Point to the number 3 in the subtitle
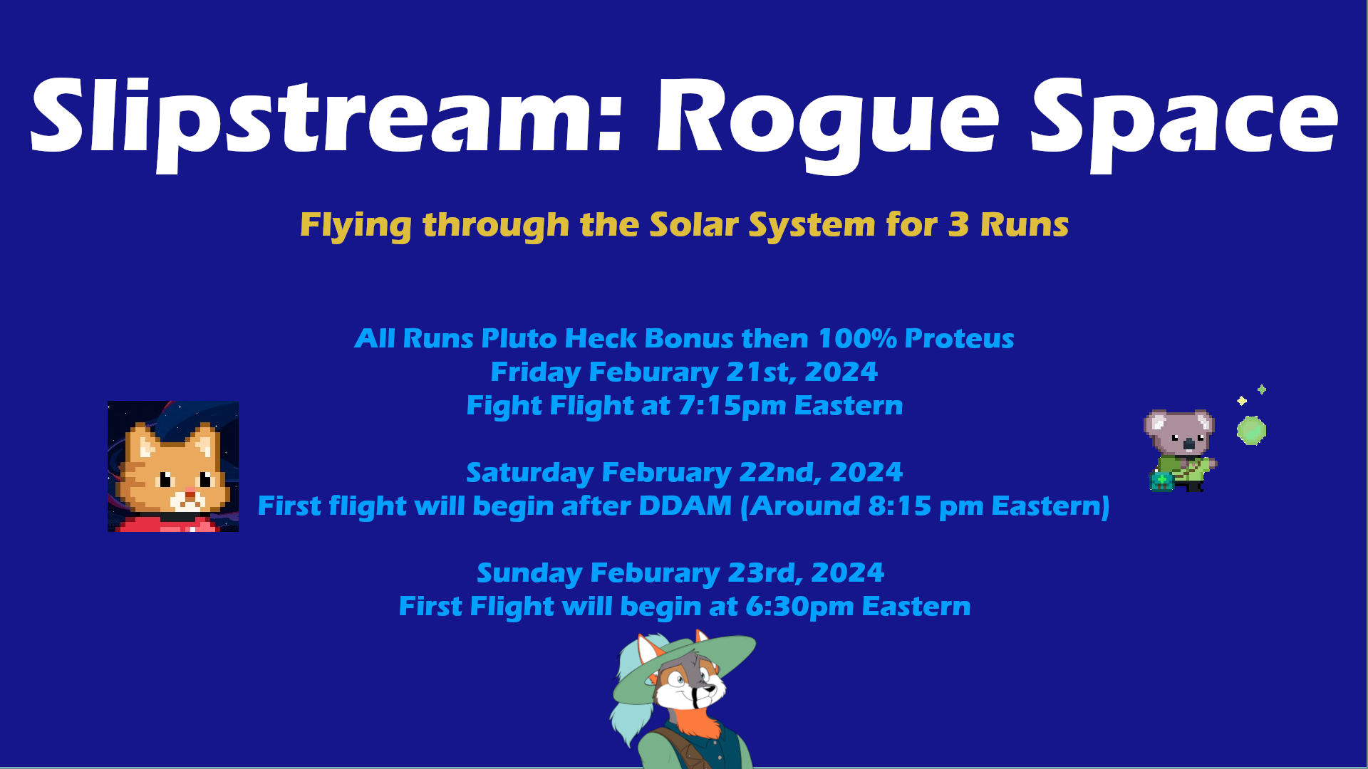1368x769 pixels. point(958,225)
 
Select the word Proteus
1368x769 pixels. point(959,339)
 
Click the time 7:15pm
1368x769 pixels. point(732,407)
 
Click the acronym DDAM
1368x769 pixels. point(685,506)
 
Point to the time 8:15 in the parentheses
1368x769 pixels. point(899,506)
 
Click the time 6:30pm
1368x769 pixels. point(799,607)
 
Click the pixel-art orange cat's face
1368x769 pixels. point(173,471)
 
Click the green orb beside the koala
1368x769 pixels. point(1251,431)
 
